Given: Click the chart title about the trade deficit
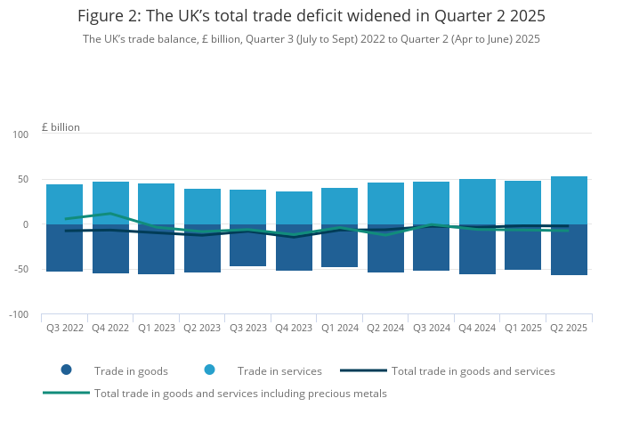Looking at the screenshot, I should tap(311, 16).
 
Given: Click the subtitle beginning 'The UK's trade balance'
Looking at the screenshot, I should tap(311, 39).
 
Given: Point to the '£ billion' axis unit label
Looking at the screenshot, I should tap(61, 127).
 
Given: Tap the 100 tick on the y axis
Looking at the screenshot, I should tap(20, 134).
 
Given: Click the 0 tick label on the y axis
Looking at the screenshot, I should tap(26, 224).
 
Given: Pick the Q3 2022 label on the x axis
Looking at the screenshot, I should tap(65, 328).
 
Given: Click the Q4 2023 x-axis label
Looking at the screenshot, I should tap(295, 328).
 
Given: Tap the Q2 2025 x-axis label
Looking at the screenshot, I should tap(569, 328).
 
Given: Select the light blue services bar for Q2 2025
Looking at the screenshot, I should tap(569, 200).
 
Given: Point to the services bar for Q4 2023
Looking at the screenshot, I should tap(295, 207).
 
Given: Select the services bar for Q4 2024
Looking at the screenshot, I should tap(478, 200).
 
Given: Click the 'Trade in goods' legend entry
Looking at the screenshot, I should tap(130, 370).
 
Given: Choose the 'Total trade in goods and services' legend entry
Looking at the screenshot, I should tap(473, 370).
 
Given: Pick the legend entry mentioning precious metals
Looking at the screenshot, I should tap(240, 393).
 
